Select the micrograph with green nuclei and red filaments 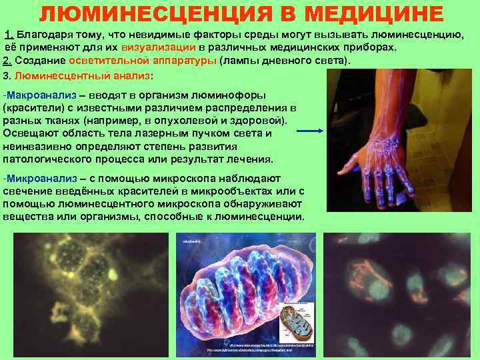tap(399, 294)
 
